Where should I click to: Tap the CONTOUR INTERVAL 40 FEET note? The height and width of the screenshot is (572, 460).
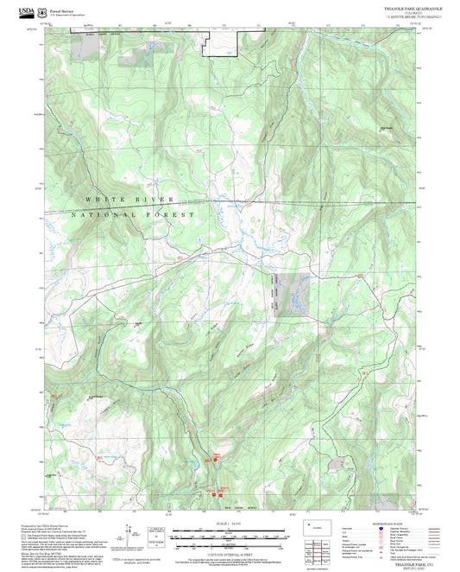(x=230, y=553)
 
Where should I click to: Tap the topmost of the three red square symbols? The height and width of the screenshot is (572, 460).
(x=217, y=457)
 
